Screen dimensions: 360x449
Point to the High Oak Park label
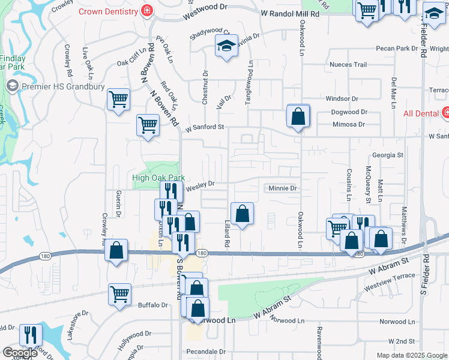(158, 178)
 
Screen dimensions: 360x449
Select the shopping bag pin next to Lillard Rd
(242, 214)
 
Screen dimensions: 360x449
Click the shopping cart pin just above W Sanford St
(148, 125)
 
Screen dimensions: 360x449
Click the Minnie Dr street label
(283, 188)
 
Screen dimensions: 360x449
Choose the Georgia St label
(387, 155)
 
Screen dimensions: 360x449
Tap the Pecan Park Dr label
(396, 48)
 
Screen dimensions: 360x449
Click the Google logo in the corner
(20, 353)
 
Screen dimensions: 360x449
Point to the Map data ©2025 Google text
(412, 355)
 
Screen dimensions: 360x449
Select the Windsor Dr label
(342, 98)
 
